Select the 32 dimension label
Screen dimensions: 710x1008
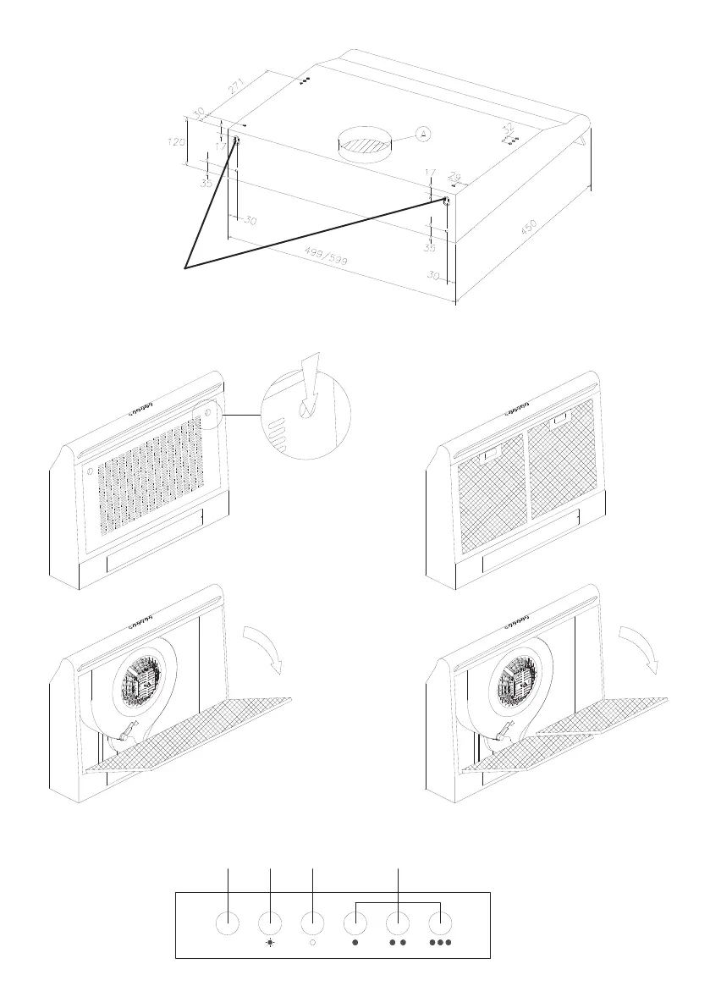(509, 124)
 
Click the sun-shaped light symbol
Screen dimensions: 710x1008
(270, 942)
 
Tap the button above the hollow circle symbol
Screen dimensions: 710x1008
(313, 922)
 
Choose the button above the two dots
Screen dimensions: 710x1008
(399, 922)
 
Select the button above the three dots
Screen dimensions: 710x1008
(441, 922)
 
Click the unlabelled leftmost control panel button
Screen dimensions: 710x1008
(228, 922)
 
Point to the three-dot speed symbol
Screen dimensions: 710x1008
(441, 942)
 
